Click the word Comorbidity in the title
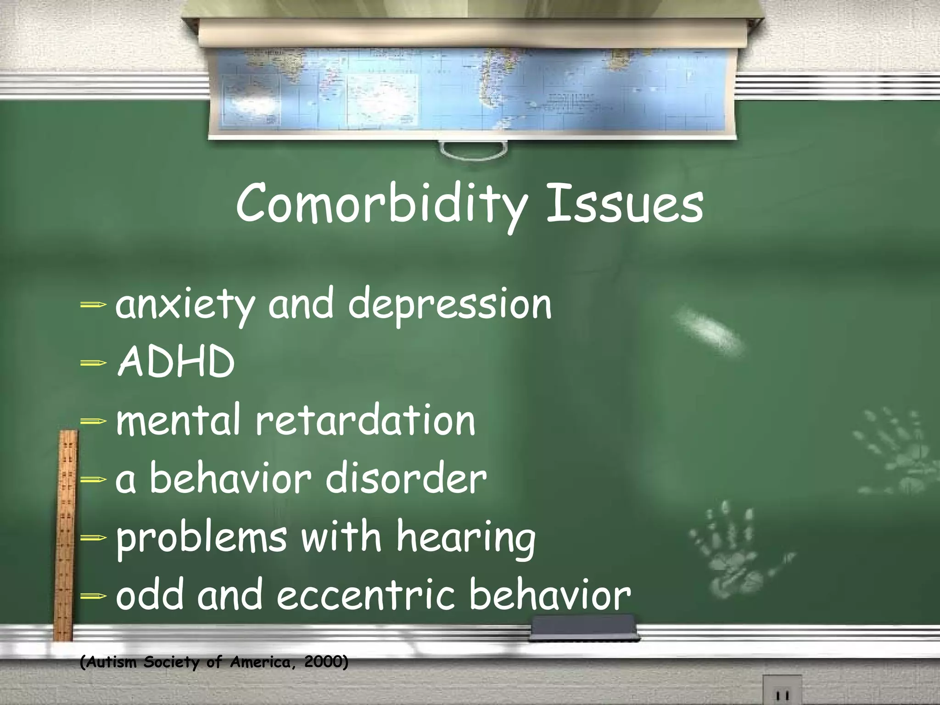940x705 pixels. coord(381,204)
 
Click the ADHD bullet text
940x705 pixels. coord(176,363)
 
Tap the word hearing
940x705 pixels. coord(466,538)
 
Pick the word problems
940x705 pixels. coord(201,538)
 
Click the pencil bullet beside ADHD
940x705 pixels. coord(93,363)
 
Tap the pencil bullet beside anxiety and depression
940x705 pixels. coord(93,304)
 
